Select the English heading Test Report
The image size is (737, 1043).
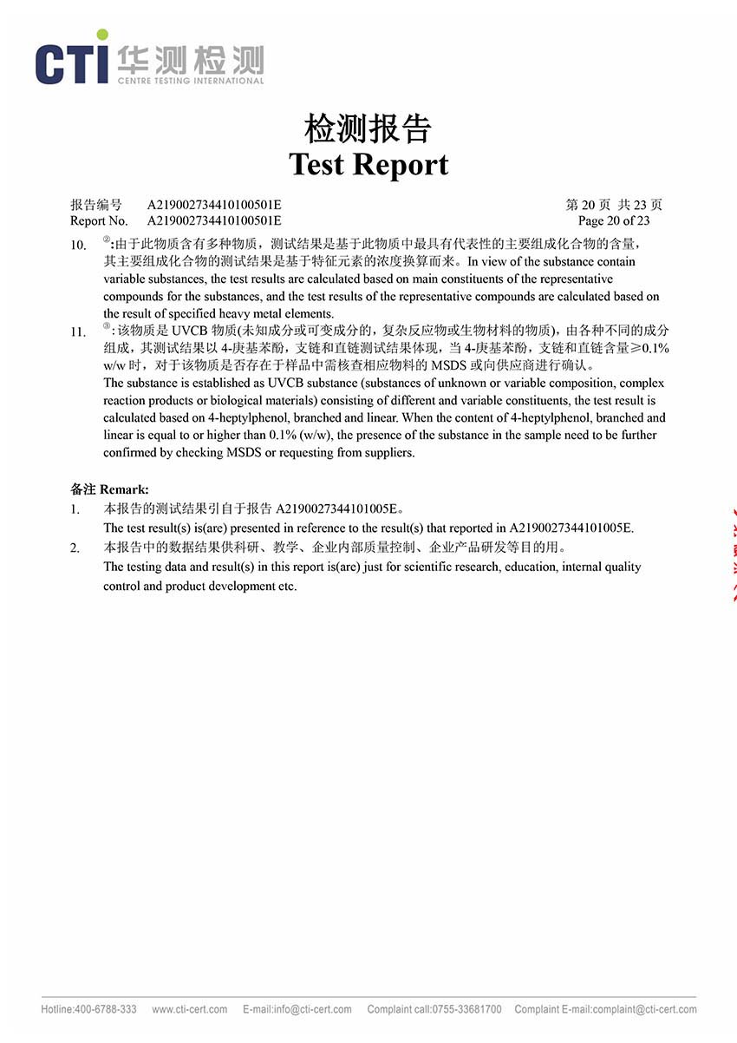tap(368, 164)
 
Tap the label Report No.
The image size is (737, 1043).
tap(99, 220)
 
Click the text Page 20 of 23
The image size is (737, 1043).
tap(614, 220)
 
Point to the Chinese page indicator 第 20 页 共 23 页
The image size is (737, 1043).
tap(614, 205)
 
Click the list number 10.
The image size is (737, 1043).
tap(78, 245)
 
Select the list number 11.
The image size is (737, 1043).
tap(78, 331)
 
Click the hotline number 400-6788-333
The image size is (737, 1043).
tap(105, 1009)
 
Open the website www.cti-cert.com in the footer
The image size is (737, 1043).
tap(189, 1009)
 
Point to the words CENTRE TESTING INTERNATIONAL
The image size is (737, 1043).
tap(190, 81)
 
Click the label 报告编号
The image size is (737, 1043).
tap(96, 205)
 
